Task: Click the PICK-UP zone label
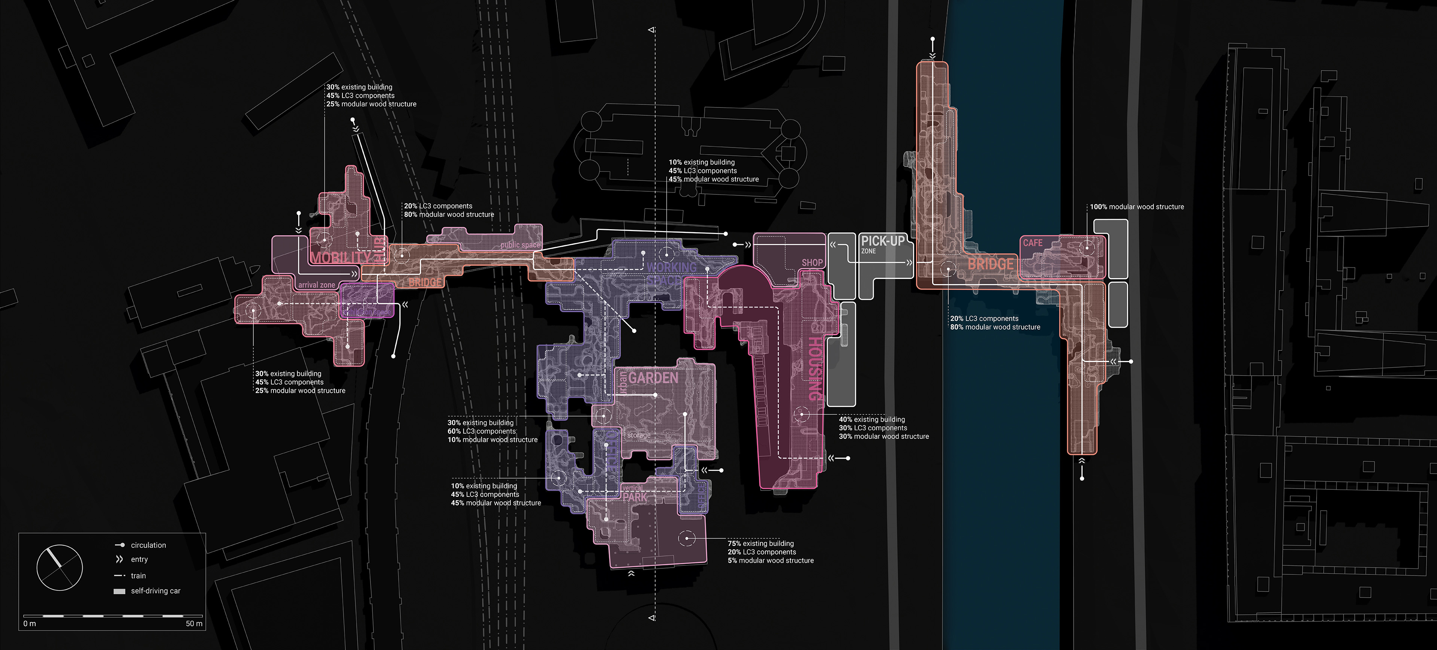[x=882, y=242]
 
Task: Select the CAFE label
[x=1032, y=243]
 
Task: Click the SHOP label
[x=812, y=262]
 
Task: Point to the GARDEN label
[x=653, y=378]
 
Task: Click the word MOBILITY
[x=340, y=258]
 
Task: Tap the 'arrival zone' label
[x=316, y=285]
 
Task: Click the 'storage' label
[x=639, y=435]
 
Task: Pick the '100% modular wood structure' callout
[x=1137, y=207]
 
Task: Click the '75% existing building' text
[x=760, y=543]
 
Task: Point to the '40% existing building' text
[x=872, y=420]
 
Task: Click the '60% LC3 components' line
[x=481, y=431]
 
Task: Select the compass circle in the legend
[x=60, y=567]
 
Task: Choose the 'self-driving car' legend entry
[x=156, y=591]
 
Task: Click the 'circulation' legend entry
[x=149, y=545]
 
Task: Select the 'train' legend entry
[x=138, y=576]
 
